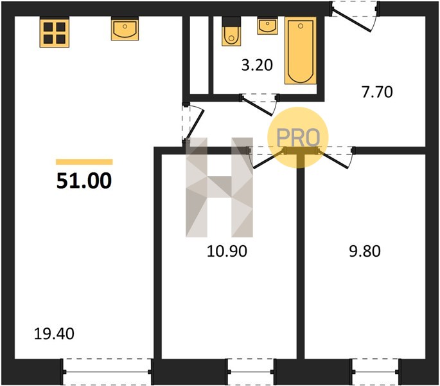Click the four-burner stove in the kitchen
tap(55, 33)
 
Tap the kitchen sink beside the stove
tap(125, 30)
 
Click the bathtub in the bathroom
tap(301, 51)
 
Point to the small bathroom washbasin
tap(267, 26)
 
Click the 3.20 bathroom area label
tap(257, 65)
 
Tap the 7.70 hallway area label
tap(377, 92)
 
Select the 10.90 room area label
tap(227, 251)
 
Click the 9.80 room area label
tap(365, 251)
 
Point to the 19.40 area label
tap(54, 334)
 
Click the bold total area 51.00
tap(84, 181)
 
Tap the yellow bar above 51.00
tap(84, 162)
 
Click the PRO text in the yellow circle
tap(298, 138)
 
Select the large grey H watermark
tap(219, 187)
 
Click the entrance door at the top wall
tap(355, 15)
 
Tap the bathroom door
tap(260, 104)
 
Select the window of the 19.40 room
tap(107, 372)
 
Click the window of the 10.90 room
tap(251, 372)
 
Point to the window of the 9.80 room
tap(375, 372)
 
